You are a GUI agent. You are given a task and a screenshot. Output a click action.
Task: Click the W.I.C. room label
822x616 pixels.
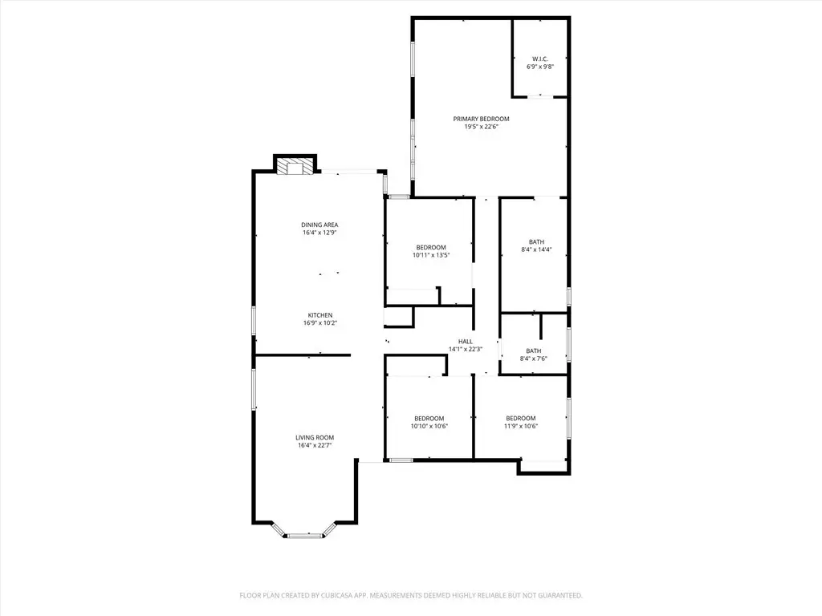click(540, 59)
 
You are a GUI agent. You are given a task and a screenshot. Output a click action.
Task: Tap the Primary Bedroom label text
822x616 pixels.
click(482, 119)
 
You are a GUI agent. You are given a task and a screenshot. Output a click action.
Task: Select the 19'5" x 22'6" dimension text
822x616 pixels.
click(482, 126)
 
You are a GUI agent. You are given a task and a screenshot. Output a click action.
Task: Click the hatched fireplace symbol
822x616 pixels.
click(295, 167)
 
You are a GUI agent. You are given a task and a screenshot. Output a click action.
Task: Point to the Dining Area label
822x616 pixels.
click(319, 225)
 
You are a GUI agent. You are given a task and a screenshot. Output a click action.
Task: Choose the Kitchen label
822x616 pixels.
click(319, 315)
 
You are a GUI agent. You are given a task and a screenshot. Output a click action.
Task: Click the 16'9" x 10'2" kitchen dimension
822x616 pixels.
click(319, 322)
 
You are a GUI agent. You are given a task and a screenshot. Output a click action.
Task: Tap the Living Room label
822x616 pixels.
click(315, 437)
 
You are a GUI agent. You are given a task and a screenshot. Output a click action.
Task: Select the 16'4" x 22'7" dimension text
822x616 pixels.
click(315, 445)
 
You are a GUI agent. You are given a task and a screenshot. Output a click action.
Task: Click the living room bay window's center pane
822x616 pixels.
click(305, 535)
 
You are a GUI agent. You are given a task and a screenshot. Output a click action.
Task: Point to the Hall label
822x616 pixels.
click(465, 342)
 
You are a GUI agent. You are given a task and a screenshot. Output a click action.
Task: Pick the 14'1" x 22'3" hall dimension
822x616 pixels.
click(465, 349)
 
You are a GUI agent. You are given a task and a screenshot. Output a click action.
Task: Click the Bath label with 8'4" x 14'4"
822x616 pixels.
click(536, 242)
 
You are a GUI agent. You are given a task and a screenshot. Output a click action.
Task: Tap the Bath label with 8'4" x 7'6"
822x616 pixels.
click(534, 351)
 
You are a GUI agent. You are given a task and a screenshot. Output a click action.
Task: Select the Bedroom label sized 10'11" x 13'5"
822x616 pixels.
click(431, 248)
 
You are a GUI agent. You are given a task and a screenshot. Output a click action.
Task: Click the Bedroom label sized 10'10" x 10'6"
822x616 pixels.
click(429, 419)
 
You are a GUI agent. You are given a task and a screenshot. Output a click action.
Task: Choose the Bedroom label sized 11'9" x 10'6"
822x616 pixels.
click(520, 419)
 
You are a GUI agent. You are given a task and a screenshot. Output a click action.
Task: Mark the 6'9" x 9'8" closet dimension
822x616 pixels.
click(540, 67)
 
